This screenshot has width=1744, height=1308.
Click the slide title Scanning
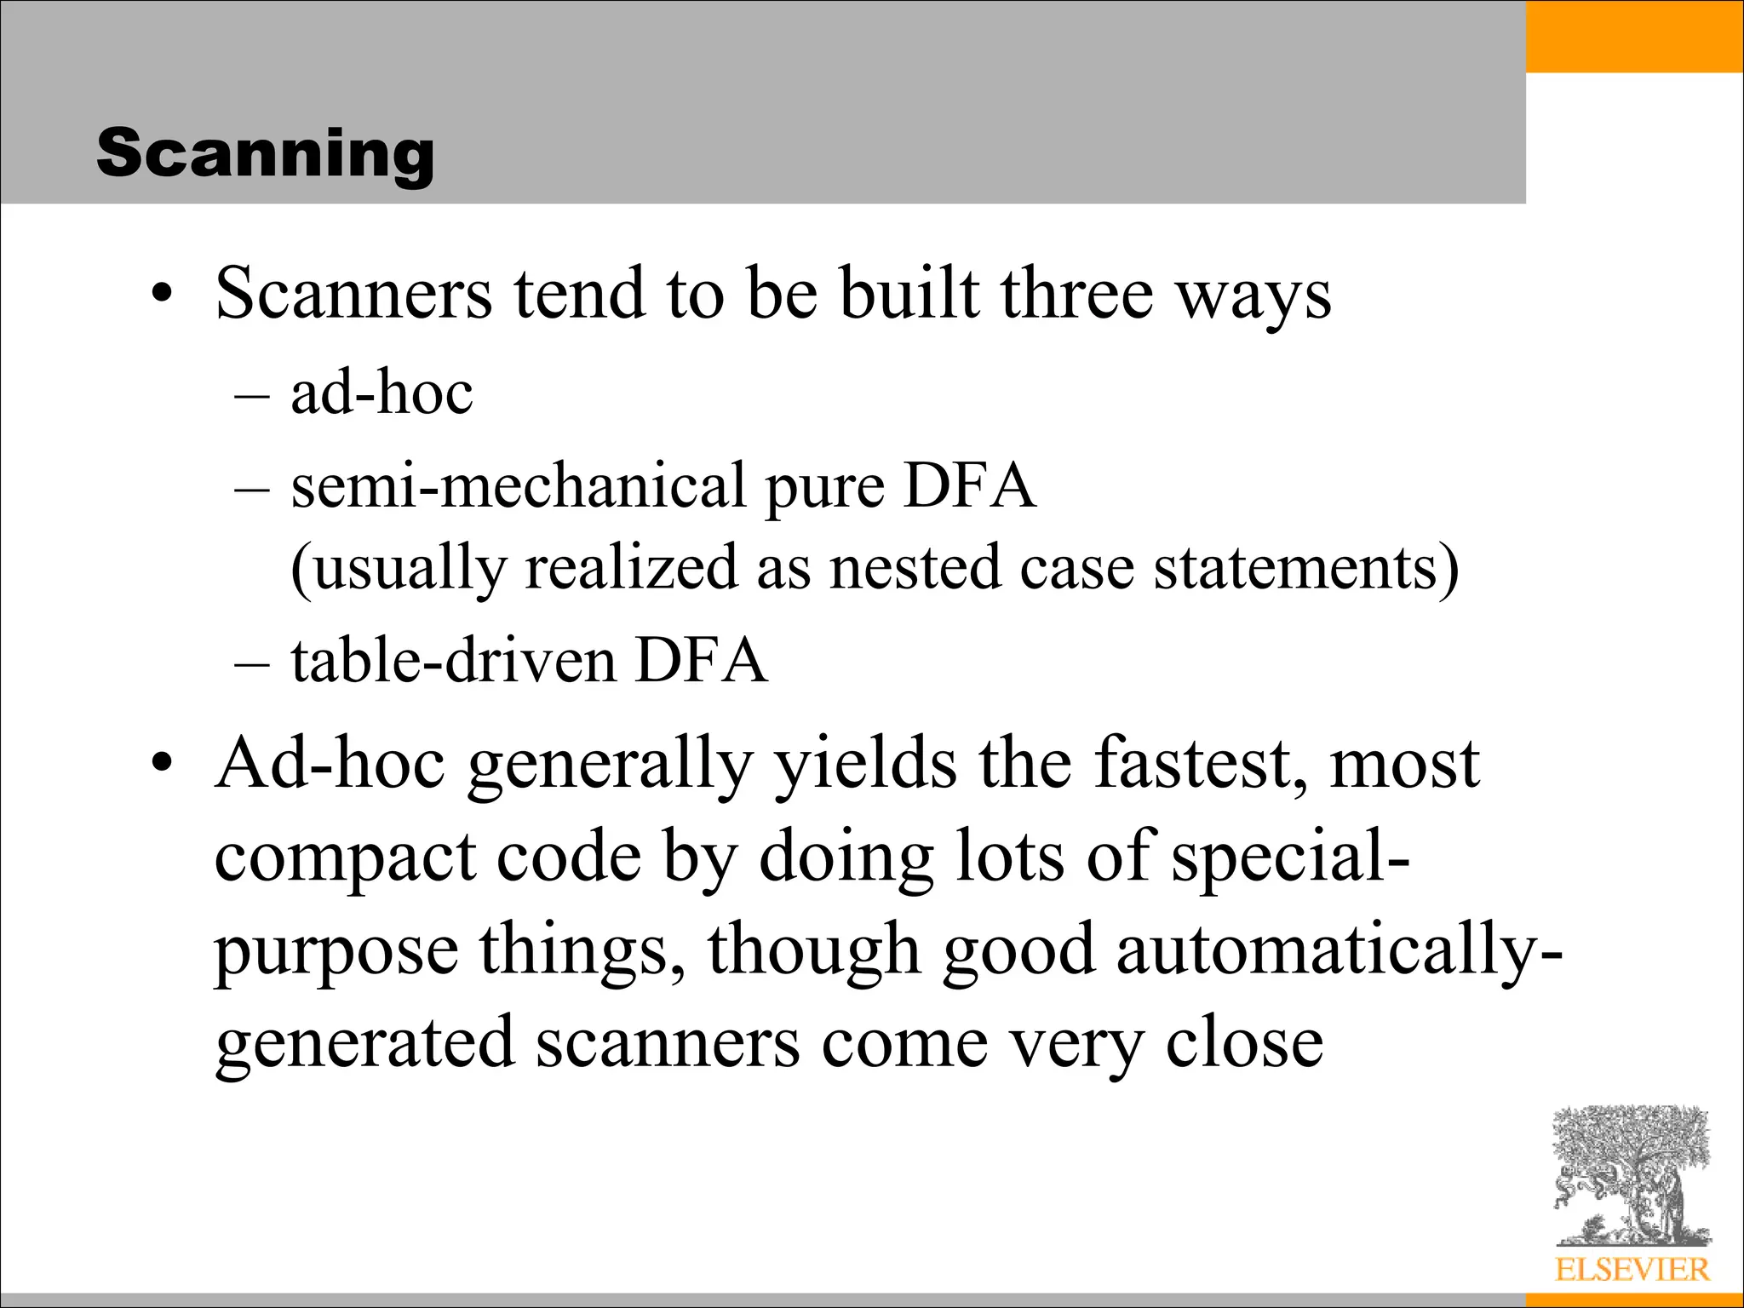point(265,153)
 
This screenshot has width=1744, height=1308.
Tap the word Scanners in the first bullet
point(353,294)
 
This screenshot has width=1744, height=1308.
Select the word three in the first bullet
point(1076,294)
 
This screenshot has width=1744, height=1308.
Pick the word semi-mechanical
point(519,486)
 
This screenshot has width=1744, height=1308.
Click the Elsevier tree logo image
point(1632,1175)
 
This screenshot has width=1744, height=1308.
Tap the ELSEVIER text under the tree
point(1632,1270)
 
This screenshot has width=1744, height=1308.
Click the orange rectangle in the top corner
point(1634,36)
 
